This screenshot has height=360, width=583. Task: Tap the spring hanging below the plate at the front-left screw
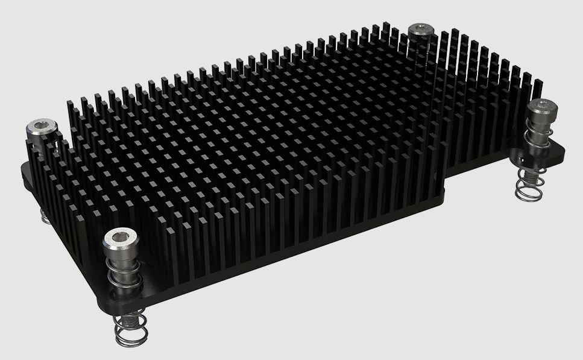pos(129,329)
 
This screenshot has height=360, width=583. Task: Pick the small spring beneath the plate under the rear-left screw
pos(45,216)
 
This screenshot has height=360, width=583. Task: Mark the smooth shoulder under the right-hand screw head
pos(538,121)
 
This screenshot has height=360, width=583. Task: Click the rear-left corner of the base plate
pos(24,165)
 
